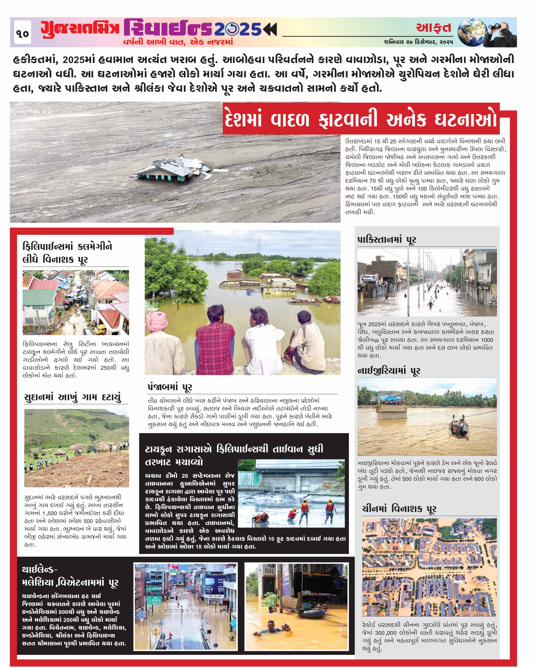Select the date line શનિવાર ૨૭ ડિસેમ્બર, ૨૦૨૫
[418, 42]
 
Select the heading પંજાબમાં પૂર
[170, 387]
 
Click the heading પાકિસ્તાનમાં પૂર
[387, 240]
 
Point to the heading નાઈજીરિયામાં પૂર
[389, 371]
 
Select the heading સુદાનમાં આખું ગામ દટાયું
[72, 398]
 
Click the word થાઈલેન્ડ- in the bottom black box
[40, 570]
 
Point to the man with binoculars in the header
[503, 32]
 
